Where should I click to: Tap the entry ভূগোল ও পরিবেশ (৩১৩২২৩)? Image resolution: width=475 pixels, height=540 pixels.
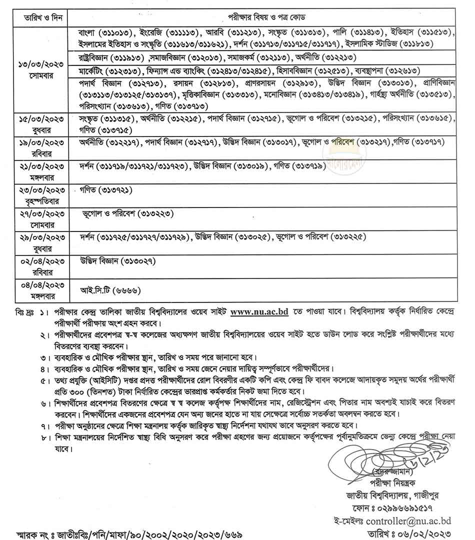tap(127, 213)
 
